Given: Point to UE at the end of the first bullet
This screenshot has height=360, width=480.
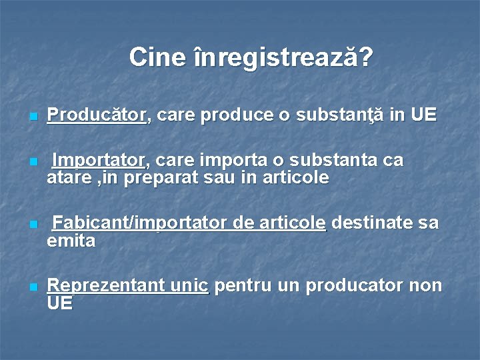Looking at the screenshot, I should [423, 115].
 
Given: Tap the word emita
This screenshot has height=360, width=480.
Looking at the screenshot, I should [71, 240].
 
